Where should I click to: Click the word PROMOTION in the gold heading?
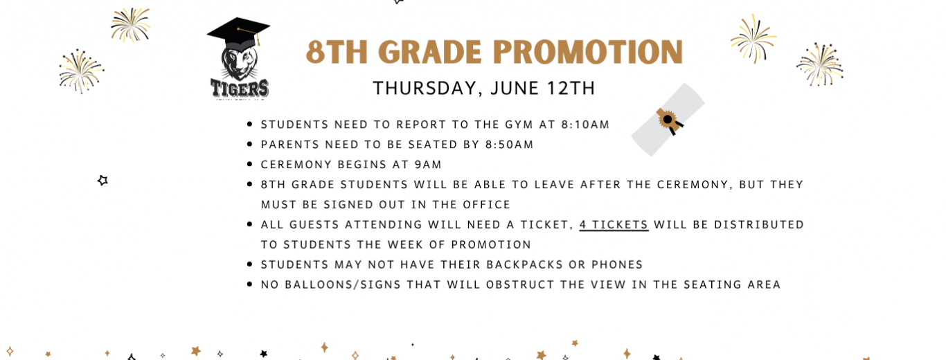coord(588,53)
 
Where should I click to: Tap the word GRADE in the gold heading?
coord(432,53)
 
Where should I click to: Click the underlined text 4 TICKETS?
coord(614,224)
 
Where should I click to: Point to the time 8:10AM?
coord(585,125)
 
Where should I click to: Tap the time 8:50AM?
coord(509,144)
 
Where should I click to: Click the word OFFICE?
coord(487,205)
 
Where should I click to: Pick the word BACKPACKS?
coord(524,264)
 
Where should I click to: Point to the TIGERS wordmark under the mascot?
coord(240,89)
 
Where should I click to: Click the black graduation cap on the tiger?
coord(239,32)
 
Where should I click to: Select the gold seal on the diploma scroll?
coord(668,120)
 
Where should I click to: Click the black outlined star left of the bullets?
coord(102,181)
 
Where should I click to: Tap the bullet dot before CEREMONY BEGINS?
coord(249,164)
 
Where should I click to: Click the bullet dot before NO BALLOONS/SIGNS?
coord(249,285)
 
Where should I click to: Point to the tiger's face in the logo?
coord(239,63)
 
